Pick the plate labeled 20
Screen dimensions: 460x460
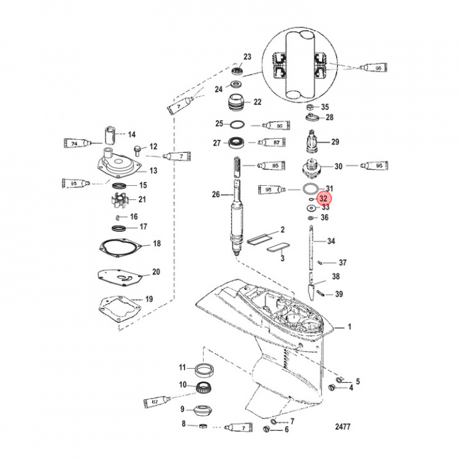click(119, 275)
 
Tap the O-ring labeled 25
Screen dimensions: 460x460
click(236, 124)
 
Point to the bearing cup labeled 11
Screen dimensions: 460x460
click(204, 369)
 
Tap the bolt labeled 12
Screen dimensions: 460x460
click(138, 149)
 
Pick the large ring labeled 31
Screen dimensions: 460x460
click(310, 188)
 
